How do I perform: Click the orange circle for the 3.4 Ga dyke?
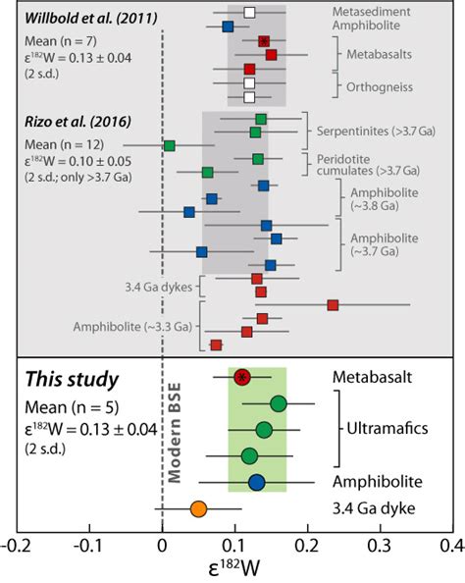(198, 508)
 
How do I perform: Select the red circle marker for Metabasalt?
(242, 377)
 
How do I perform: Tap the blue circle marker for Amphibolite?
(256, 481)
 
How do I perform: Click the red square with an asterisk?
(264, 41)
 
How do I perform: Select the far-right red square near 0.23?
(333, 306)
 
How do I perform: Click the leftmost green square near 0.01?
(170, 145)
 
